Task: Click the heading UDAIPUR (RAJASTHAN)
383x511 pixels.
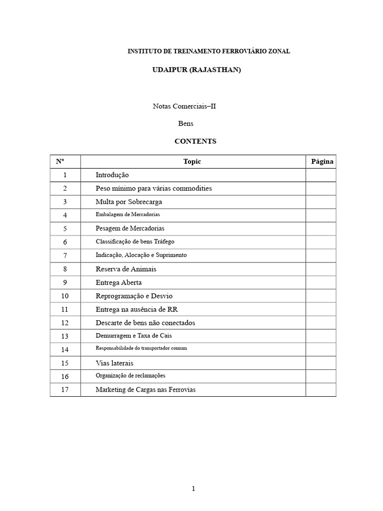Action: tap(196, 70)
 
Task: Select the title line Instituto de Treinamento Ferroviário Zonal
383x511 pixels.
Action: tap(209, 51)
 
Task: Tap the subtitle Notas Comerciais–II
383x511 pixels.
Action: tap(184, 106)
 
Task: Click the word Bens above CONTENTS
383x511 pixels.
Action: tap(186, 123)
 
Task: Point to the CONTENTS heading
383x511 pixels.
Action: tap(195, 141)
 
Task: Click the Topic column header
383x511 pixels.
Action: tap(192, 162)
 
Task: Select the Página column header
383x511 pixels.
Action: tap(322, 162)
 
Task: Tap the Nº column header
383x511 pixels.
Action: tap(60, 162)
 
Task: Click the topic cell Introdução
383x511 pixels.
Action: tap(112, 175)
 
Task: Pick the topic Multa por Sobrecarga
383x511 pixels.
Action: tap(129, 202)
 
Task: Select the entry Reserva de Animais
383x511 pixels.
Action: tap(126, 269)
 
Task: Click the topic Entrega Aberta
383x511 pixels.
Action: tap(119, 282)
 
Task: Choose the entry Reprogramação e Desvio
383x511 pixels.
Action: tap(134, 296)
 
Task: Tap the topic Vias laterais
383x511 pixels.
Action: tap(114, 363)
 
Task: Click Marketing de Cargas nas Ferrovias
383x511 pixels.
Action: tap(146, 390)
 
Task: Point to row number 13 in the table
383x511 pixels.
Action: tap(65, 336)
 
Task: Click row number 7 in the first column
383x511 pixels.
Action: tap(65, 255)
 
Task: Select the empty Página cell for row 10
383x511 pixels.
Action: tap(321, 296)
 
